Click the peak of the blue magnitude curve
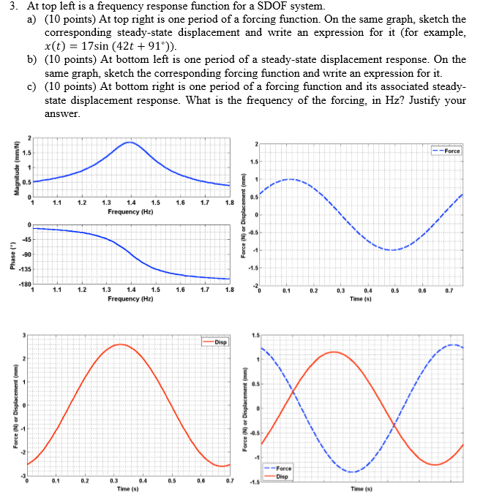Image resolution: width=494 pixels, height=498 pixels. (130, 143)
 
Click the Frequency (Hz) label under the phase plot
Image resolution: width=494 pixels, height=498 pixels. (130, 299)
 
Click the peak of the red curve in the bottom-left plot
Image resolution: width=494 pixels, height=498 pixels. (121, 344)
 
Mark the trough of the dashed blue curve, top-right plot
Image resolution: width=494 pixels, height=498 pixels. (392, 250)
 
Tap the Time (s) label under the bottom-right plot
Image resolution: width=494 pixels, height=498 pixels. (362, 488)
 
